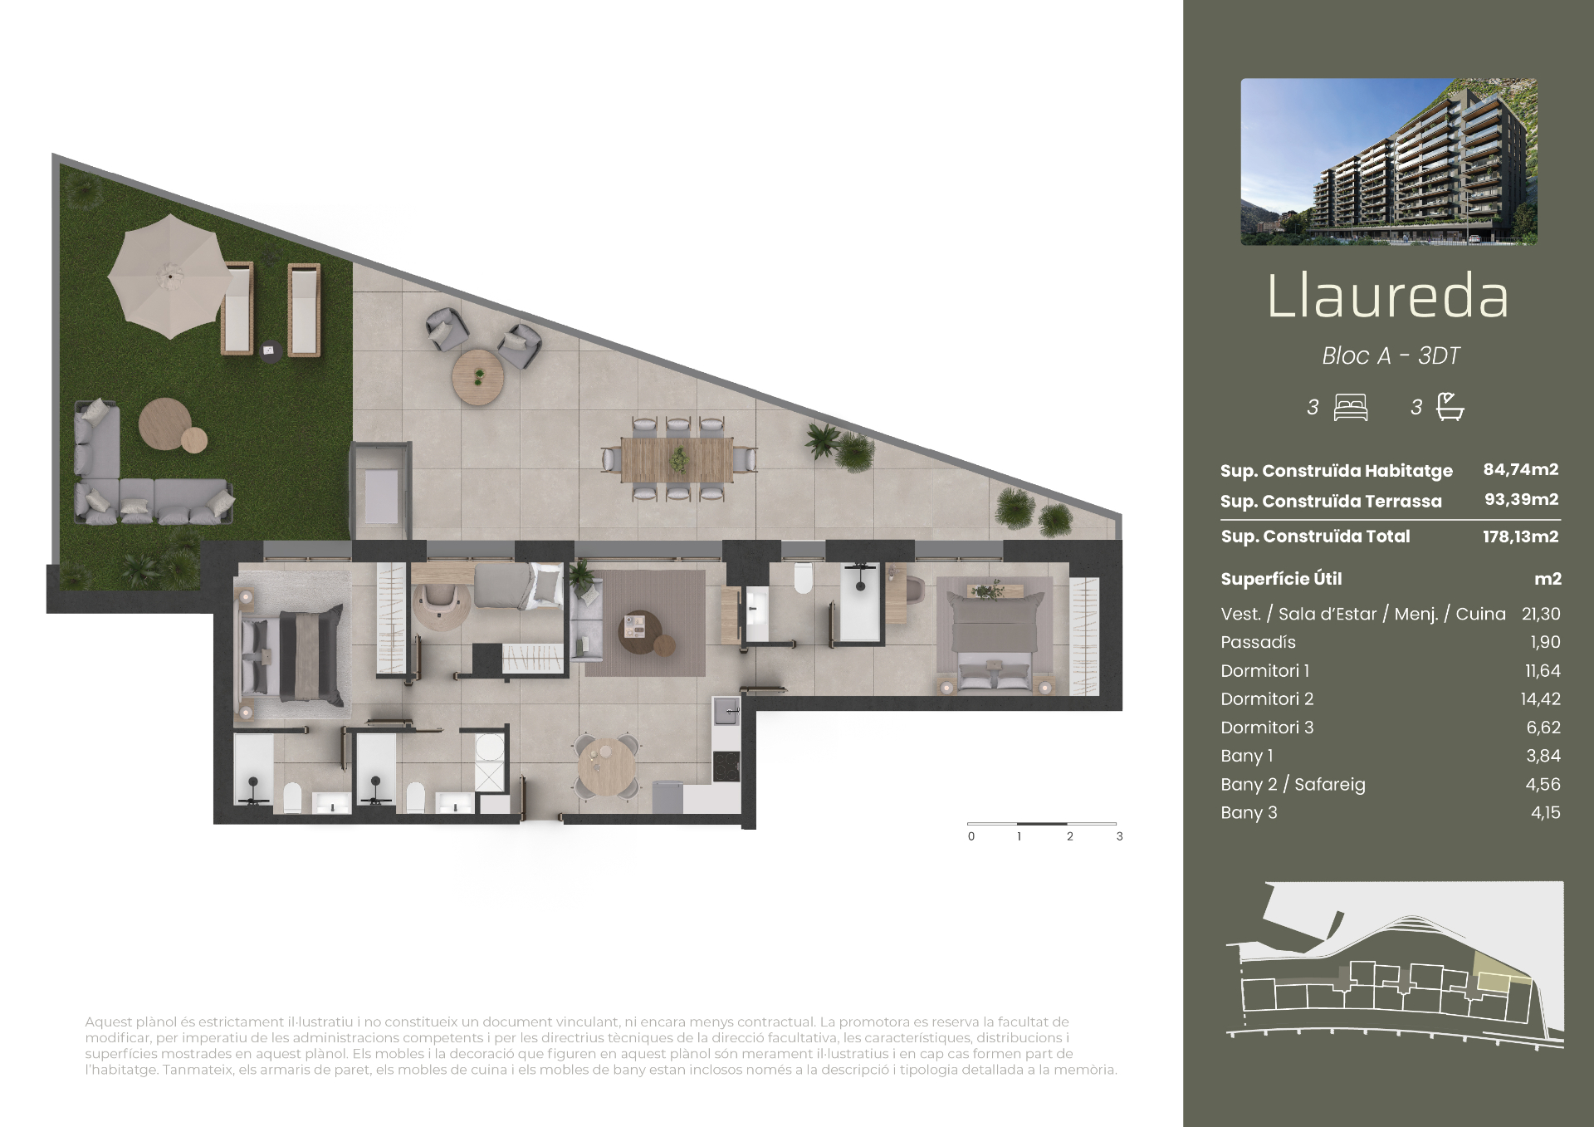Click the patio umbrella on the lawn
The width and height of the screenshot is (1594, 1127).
point(170,276)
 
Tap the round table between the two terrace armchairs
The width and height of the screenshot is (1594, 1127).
point(478,376)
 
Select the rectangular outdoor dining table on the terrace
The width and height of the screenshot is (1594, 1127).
point(677,459)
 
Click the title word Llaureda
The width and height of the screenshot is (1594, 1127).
point(1387,296)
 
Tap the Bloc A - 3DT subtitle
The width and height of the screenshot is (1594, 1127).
point(1391,355)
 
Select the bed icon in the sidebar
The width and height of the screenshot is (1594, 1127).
point(1351,407)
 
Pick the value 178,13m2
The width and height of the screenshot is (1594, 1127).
point(1521,537)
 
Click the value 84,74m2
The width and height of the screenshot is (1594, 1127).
point(1521,469)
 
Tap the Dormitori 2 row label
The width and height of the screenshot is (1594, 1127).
point(1267,699)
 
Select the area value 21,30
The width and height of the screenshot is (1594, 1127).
point(1541,614)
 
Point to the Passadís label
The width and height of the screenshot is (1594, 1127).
point(1258,642)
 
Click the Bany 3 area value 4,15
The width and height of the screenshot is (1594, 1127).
point(1546,812)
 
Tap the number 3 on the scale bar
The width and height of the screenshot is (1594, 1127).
point(1119,836)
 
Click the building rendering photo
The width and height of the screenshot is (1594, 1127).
point(1389,162)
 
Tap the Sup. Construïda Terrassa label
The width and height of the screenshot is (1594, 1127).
point(1331,501)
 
